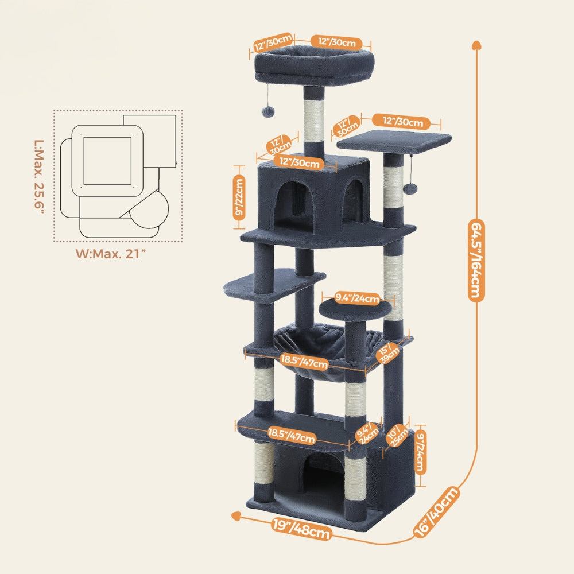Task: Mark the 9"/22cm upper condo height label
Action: pyautogui.click(x=238, y=197)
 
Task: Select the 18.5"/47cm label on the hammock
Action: pyautogui.click(x=304, y=362)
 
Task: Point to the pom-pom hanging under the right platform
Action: pyautogui.click(x=412, y=188)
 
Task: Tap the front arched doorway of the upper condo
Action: pyautogui.click(x=292, y=204)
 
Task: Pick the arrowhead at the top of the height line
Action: pyautogui.click(x=476, y=45)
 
